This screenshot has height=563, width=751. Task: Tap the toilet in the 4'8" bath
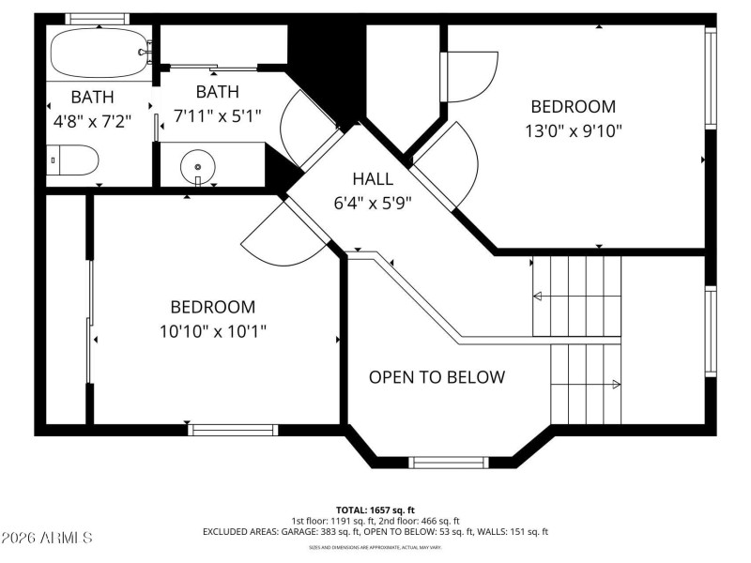click(x=73, y=160)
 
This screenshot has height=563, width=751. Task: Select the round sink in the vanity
click(x=198, y=166)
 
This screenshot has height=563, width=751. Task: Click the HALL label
click(x=373, y=179)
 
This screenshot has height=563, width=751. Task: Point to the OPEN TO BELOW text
click(x=437, y=377)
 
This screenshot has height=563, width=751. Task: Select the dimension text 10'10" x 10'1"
click(x=213, y=330)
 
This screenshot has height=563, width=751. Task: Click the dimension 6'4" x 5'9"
click(x=373, y=202)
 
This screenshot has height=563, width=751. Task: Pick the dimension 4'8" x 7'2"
click(x=93, y=120)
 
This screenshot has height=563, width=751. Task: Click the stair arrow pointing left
click(x=538, y=297)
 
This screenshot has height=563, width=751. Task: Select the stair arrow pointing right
click(x=615, y=384)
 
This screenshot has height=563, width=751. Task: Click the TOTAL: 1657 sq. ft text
click(x=375, y=509)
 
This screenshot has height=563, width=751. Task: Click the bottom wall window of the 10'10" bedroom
click(x=234, y=430)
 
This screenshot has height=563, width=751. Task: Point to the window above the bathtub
click(x=97, y=19)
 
